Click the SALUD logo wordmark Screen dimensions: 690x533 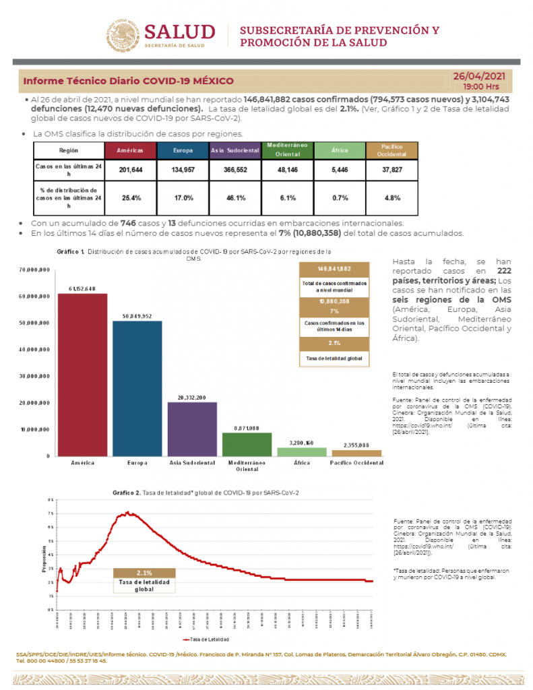[179, 32]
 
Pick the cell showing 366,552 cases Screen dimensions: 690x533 [237, 169]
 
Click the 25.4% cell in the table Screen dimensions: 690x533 [129, 198]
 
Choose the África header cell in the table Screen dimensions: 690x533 [340, 150]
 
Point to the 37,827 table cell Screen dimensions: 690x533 [391, 169]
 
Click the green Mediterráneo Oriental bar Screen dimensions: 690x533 [247, 445]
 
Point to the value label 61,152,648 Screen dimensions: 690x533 [82, 288]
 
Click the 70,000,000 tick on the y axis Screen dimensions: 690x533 [36, 270]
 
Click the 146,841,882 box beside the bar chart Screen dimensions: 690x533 [334, 268]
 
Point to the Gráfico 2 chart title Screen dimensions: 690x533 [205, 493]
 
